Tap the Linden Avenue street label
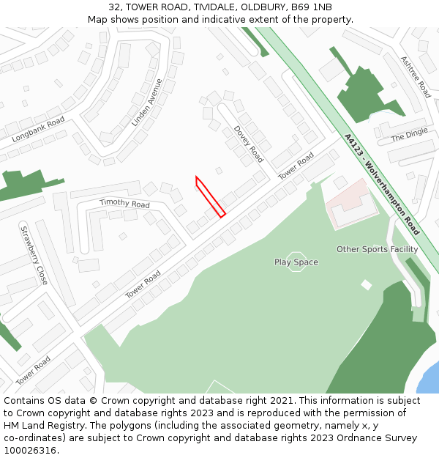click(x=146, y=103)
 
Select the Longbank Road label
click(x=38, y=129)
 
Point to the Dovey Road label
click(x=249, y=144)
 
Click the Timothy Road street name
click(x=124, y=204)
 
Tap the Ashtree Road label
click(x=415, y=77)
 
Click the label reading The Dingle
click(x=409, y=136)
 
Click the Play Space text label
click(x=296, y=262)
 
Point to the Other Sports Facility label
click(x=378, y=249)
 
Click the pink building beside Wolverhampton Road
click(x=351, y=203)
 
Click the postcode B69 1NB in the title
click(x=310, y=7)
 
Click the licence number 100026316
click(x=30, y=451)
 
